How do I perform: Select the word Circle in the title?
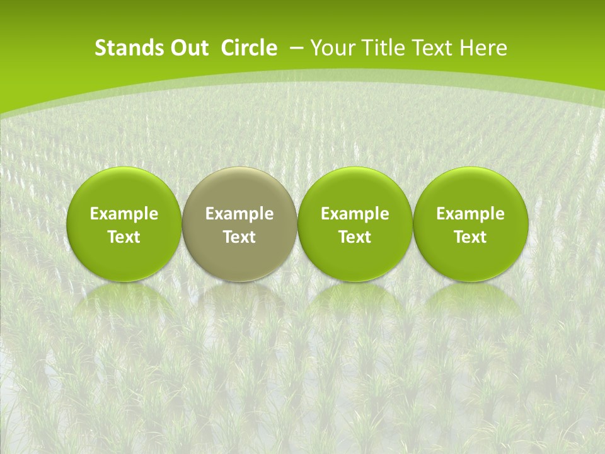[249, 48]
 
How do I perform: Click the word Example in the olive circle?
[239, 214]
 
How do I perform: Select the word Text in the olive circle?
[239, 237]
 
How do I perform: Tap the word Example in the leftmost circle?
[124, 214]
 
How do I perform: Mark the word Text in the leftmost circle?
[124, 237]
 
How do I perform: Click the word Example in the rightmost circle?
[470, 214]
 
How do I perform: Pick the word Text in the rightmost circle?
[470, 237]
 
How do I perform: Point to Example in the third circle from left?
[355, 214]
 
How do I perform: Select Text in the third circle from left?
[355, 237]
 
